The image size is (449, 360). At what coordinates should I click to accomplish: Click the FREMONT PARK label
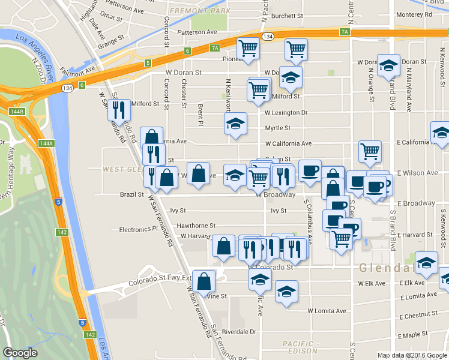[x=192, y=11]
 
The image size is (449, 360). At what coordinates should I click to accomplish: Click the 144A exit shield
[x=46, y=143]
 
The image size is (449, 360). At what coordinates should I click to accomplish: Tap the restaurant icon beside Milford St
[x=119, y=109]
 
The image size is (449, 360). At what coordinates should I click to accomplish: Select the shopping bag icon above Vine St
[x=204, y=280]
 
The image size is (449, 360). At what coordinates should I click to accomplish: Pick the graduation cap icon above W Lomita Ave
[x=286, y=291]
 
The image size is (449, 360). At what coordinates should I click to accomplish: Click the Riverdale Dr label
[x=239, y=331]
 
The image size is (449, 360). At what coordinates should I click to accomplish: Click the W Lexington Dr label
[x=286, y=112]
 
